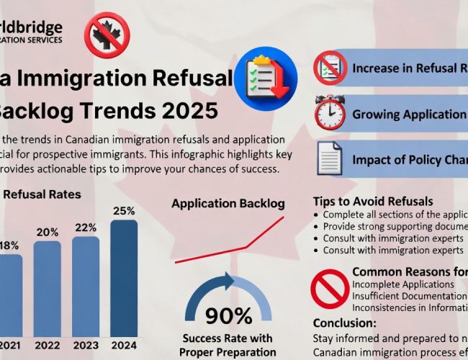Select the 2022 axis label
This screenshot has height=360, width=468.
click(x=48, y=344)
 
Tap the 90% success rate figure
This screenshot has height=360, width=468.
click(x=229, y=315)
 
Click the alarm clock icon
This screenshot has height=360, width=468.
click(x=330, y=113)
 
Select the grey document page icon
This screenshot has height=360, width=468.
click(x=330, y=158)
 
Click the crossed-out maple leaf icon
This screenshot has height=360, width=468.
click(x=107, y=33)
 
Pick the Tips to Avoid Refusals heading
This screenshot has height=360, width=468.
click(x=374, y=201)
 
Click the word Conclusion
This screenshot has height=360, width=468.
click(x=344, y=323)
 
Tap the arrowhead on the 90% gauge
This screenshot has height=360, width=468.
click(x=230, y=280)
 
